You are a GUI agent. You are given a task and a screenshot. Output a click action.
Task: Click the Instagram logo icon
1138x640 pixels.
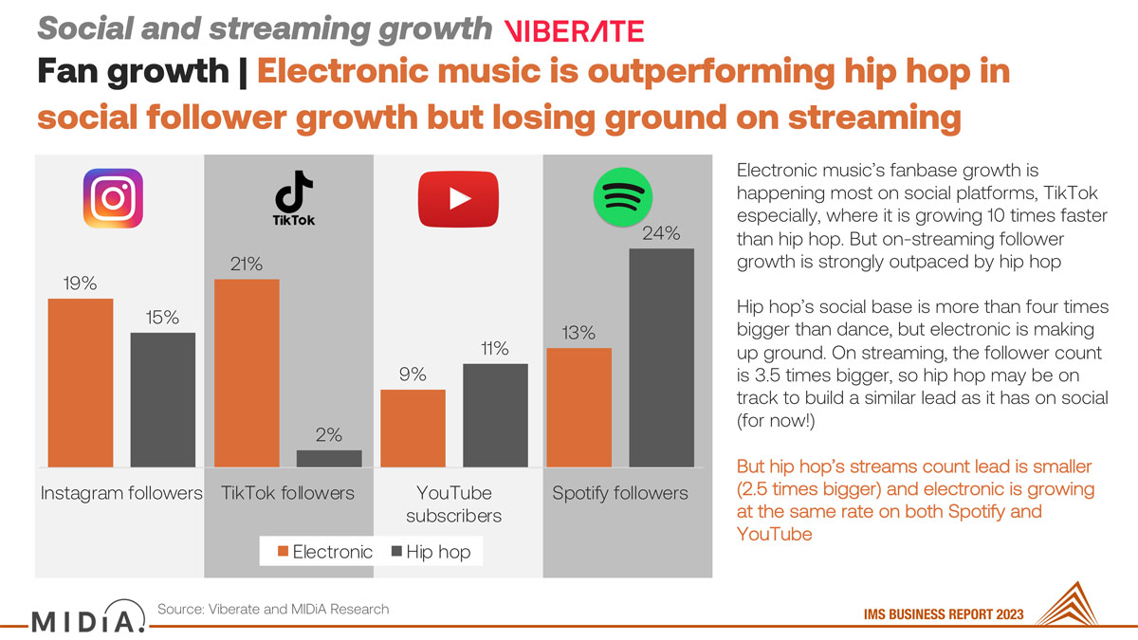(113, 198)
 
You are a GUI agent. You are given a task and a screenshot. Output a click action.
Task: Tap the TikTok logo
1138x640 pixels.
(294, 197)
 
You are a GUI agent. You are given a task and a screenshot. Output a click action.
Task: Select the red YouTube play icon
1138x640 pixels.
(458, 198)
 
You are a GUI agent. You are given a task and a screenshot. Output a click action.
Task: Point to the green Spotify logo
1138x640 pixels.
(623, 196)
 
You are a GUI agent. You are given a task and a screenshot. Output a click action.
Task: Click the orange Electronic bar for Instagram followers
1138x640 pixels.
(81, 382)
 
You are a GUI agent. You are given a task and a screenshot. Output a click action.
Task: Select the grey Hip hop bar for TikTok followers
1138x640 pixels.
(329, 458)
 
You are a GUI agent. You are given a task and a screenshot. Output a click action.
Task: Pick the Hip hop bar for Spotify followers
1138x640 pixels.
(662, 357)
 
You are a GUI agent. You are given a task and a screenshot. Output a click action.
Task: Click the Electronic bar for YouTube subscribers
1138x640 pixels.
(413, 429)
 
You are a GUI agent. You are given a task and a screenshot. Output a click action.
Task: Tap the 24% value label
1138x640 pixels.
(661, 233)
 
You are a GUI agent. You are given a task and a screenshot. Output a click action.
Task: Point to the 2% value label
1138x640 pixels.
(329, 435)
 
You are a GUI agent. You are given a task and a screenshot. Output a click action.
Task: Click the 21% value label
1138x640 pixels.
(247, 265)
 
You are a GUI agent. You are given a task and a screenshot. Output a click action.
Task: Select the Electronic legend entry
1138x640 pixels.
(325, 552)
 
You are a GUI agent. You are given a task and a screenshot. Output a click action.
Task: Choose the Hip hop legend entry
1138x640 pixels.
(431, 552)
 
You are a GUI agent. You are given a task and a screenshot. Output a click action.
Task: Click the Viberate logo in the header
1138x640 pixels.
(574, 30)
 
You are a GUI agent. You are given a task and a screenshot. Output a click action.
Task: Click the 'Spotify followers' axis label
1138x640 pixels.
(620, 493)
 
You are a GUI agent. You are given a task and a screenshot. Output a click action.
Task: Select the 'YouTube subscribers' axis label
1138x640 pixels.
(453, 504)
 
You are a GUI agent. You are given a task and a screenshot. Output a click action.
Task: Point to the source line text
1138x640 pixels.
(273, 609)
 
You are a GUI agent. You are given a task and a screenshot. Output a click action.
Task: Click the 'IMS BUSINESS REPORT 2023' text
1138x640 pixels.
(944, 614)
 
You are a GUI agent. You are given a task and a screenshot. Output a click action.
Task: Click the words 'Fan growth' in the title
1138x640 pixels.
(133, 70)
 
